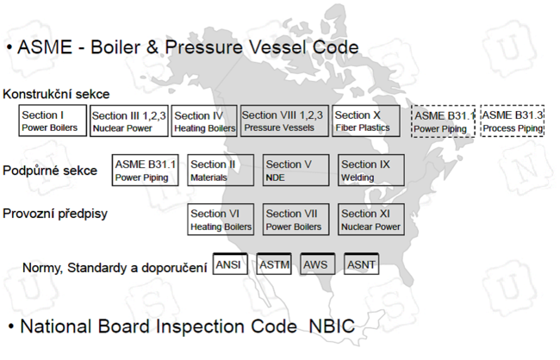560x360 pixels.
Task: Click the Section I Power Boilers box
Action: (x=53, y=121)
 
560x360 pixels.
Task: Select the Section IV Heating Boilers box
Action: (x=204, y=121)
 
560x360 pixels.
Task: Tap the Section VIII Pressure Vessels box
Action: (x=283, y=121)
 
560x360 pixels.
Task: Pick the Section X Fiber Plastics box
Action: (x=365, y=121)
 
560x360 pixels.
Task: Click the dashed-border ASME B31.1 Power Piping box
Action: (x=443, y=121)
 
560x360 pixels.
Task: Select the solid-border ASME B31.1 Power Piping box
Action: (x=146, y=170)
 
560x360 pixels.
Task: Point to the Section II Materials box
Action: (x=221, y=170)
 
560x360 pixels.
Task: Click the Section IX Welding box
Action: (x=370, y=170)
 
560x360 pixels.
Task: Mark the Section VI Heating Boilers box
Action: (x=221, y=219)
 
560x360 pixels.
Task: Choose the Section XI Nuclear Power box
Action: (x=370, y=219)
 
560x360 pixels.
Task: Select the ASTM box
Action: (x=274, y=264)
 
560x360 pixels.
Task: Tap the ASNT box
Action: (x=361, y=264)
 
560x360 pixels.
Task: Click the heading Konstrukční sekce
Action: (x=56, y=94)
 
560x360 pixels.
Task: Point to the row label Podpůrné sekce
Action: (x=50, y=170)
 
